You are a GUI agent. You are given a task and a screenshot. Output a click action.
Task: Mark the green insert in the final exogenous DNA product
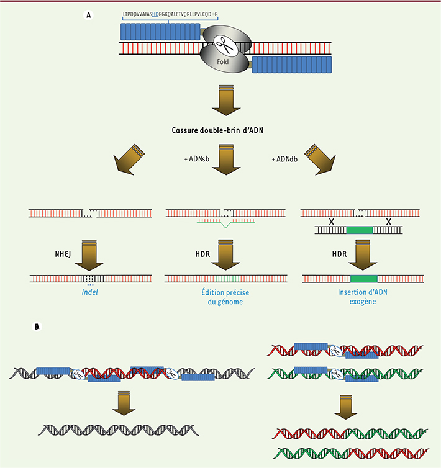(x=364, y=279)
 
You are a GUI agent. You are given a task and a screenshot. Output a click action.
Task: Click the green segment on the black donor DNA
(x=360, y=230)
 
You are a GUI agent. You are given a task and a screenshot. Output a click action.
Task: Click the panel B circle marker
(x=38, y=325)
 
